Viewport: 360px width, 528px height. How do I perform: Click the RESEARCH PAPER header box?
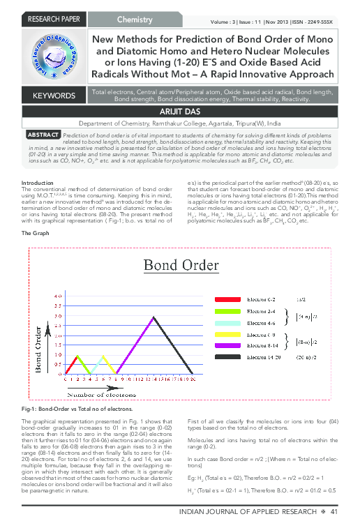pyautogui.click(x=47, y=18)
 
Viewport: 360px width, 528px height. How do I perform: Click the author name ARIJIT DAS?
pyautogui.click(x=180, y=111)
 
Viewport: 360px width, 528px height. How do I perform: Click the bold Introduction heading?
pyautogui.click(x=37, y=183)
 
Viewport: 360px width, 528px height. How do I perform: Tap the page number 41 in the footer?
pyautogui.click(x=334, y=513)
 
